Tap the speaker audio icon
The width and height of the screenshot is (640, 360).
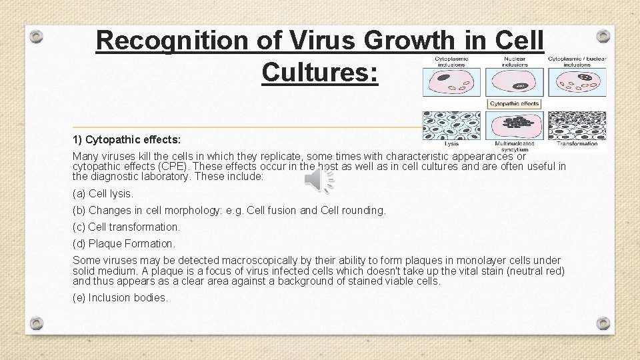pyautogui.click(x=319, y=181)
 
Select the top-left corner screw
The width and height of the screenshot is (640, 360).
pyautogui.click(x=38, y=36)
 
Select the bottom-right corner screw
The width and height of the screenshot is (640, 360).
pyautogui.click(x=603, y=323)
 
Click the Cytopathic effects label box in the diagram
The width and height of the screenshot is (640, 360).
pyautogui.click(x=515, y=104)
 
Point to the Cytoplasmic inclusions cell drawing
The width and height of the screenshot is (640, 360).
pyautogui.click(x=451, y=83)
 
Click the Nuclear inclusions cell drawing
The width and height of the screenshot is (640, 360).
pyautogui.click(x=515, y=83)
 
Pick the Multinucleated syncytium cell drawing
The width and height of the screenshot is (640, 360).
pyautogui.click(x=515, y=125)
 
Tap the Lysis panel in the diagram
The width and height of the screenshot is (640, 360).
pyautogui.click(x=451, y=125)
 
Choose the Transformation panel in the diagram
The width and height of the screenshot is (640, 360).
pyautogui.click(x=577, y=125)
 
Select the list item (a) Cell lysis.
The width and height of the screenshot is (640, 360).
pyautogui.click(x=103, y=193)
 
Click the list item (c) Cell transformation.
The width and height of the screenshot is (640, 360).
pyautogui.click(x=126, y=227)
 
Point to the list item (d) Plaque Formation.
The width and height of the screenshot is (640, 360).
pyautogui.click(x=124, y=243)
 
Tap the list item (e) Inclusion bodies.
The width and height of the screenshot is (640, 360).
pyautogui.click(x=119, y=297)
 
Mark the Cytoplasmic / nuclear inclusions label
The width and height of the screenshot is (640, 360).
pyautogui.click(x=577, y=61)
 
